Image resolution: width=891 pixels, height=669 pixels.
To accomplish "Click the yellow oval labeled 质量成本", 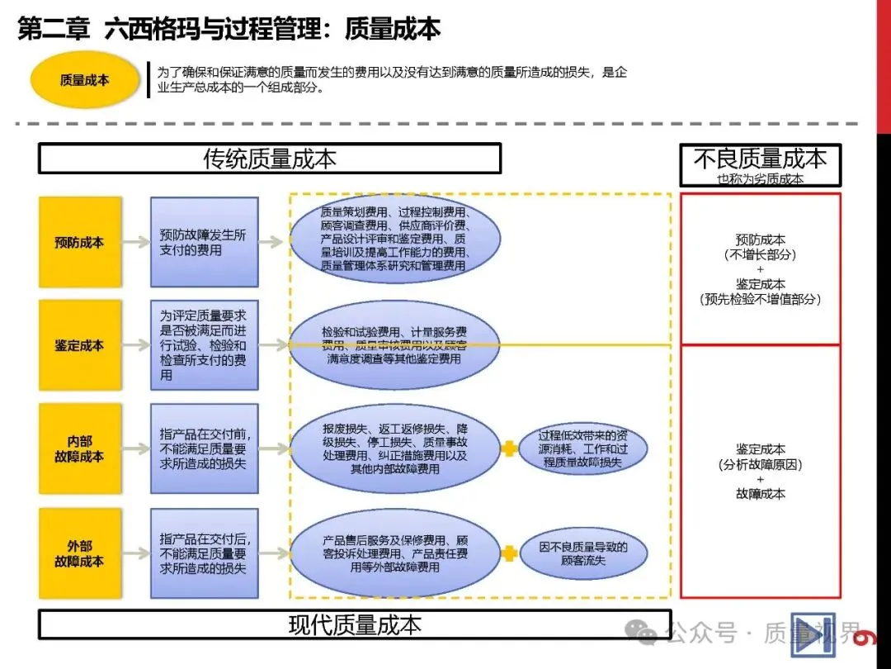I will click(x=84, y=80).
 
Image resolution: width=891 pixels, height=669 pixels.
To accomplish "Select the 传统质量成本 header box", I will click(x=270, y=159).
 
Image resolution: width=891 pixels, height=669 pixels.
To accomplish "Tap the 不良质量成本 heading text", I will click(x=760, y=158).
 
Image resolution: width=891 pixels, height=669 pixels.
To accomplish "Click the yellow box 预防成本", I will click(x=80, y=242).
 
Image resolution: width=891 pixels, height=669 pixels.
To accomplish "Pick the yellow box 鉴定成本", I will click(x=80, y=345).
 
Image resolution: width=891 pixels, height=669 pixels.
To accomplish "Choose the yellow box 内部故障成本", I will click(x=80, y=448).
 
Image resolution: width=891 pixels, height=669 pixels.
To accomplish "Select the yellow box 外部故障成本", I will click(x=80, y=553).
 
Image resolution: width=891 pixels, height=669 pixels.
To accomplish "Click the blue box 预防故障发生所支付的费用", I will click(x=204, y=242).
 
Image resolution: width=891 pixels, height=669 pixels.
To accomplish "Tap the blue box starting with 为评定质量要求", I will click(x=204, y=345).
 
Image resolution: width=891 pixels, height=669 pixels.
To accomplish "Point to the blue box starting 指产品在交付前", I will click(x=204, y=448).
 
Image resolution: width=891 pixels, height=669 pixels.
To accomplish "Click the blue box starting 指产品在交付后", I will click(x=204, y=553).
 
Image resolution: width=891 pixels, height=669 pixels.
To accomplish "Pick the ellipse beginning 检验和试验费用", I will click(x=395, y=345).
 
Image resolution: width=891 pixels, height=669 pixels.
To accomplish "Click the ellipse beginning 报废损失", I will click(x=395, y=448).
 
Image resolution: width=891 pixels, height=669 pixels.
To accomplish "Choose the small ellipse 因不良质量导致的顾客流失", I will click(x=583, y=553).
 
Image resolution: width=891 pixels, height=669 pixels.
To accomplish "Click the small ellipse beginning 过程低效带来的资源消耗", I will click(x=583, y=448).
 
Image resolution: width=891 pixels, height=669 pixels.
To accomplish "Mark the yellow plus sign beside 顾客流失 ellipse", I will click(x=510, y=553).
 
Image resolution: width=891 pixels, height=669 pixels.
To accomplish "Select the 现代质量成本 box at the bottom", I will click(x=355, y=624).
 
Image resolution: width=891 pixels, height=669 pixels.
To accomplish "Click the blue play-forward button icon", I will click(x=812, y=634).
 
